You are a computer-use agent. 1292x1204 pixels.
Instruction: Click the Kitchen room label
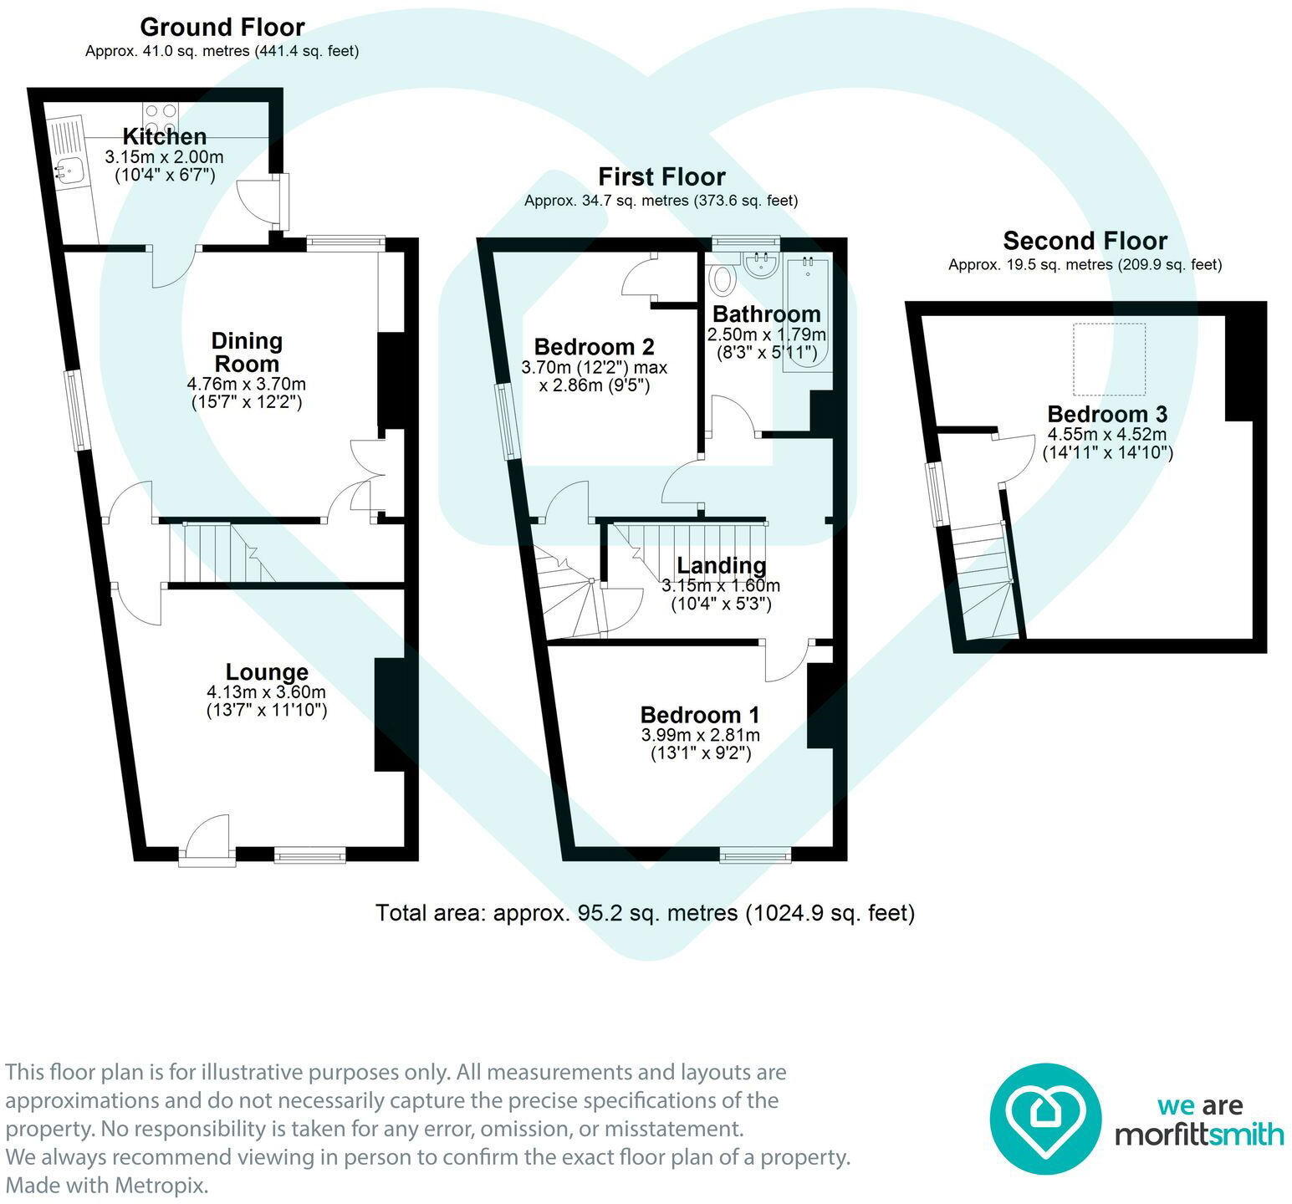coord(165,136)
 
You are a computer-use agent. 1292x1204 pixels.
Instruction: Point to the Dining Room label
coord(247,352)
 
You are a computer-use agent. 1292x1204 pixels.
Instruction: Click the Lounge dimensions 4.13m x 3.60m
coord(267,692)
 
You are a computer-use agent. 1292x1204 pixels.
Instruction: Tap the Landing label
coord(721,566)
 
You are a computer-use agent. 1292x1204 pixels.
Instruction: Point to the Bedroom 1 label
coord(700,715)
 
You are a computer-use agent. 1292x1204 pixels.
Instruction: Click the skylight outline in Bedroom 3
coord(1110,360)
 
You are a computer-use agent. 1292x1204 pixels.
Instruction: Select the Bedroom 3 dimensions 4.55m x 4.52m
coord(1107,435)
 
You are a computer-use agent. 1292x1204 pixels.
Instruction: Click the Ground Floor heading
coord(222,28)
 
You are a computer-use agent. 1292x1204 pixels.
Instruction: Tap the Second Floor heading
coord(1085,241)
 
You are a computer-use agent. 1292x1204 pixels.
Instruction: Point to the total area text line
coord(645,912)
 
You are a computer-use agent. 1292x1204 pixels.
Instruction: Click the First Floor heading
coord(661,176)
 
